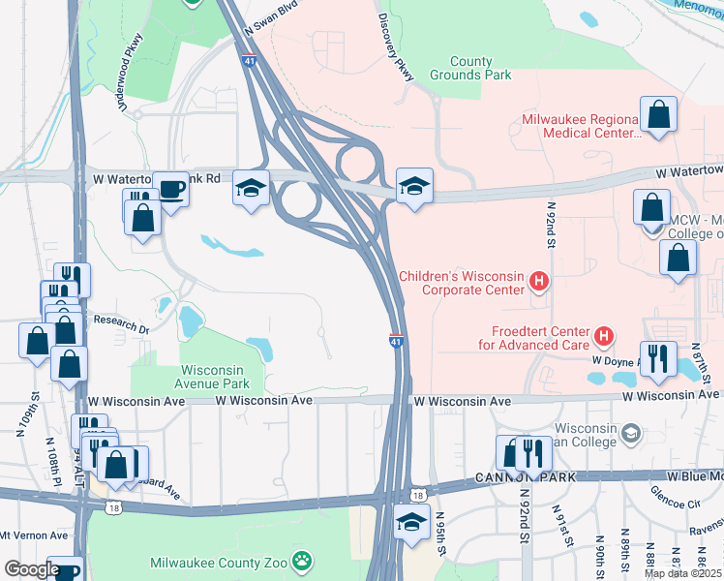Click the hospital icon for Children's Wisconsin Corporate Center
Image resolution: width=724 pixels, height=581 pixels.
tap(540, 284)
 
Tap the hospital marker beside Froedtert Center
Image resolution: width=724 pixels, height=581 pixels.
tap(605, 336)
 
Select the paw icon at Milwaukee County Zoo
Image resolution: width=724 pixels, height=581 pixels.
tap(303, 561)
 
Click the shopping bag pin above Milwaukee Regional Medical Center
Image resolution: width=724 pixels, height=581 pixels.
tap(658, 114)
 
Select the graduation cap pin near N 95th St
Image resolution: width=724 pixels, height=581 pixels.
tap(411, 522)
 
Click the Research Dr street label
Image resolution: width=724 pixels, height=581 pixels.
tap(114, 323)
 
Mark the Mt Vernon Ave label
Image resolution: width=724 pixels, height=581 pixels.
tap(34, 535)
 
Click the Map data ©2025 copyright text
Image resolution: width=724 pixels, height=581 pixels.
tap(681, 573)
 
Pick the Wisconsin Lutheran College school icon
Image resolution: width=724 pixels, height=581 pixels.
tap(631, 432)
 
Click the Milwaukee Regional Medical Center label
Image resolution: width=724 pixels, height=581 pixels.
tap(581, 126)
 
